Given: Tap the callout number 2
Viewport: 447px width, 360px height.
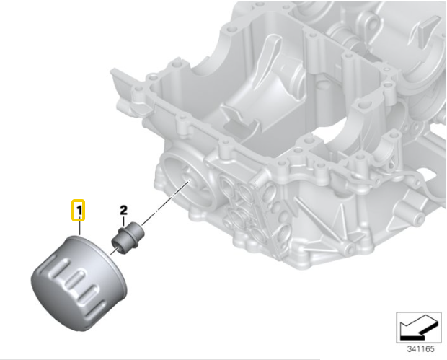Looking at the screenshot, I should coord(123,210).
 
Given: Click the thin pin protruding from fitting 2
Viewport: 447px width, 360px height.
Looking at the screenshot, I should coord(114,249).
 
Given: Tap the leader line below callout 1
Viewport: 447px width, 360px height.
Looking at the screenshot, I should coord(79,227).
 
